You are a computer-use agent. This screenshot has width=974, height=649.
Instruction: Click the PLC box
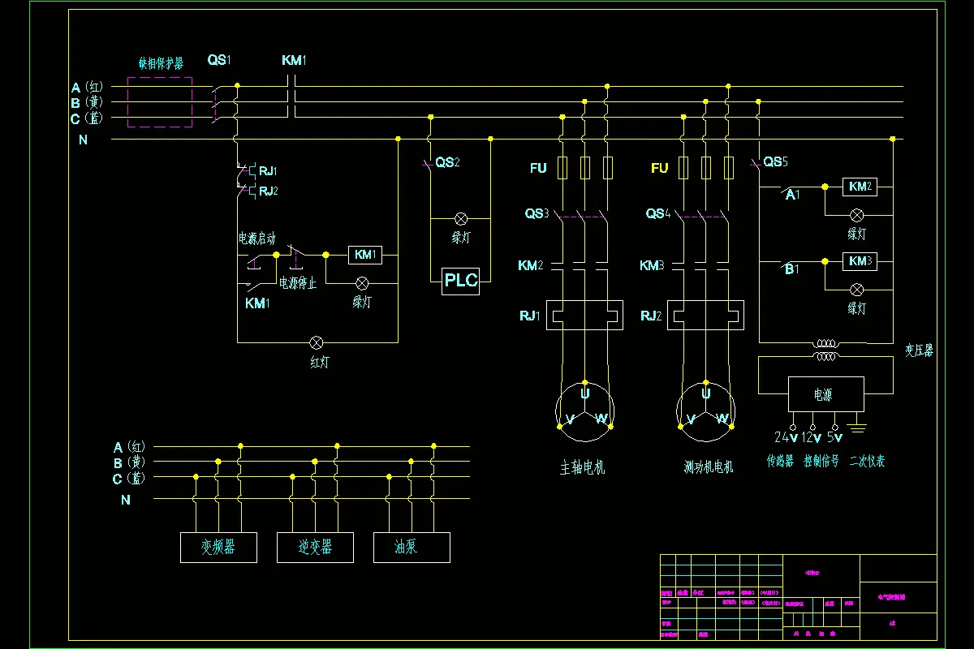pos(460,282)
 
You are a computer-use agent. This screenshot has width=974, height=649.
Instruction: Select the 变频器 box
pos(218,548)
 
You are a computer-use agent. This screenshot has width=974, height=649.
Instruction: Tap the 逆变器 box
pos(315,548)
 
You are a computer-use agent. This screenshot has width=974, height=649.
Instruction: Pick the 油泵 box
pos(412,548)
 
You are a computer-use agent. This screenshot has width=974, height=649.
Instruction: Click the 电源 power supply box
pos(823,395)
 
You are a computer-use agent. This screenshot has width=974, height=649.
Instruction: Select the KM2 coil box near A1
pos(860,187)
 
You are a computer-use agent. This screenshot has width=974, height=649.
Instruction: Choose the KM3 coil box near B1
pos(860,261)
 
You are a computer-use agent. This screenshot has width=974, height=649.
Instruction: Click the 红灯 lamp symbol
pos(319,342)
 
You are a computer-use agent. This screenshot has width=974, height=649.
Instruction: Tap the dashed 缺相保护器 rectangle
pos(160,102)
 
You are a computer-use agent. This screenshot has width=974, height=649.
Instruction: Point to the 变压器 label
pos(919,350)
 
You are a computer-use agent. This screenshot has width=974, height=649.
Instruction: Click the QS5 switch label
pos(775,162)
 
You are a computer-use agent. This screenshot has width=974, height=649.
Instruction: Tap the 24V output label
pos(785,438)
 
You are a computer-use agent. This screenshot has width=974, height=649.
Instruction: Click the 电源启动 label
pos(256,239)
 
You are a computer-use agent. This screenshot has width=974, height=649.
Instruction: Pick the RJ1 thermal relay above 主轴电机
pos(584,315)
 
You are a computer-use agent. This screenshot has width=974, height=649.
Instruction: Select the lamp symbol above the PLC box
pos(460,219)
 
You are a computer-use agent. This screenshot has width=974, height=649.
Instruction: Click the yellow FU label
pos(659,169)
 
